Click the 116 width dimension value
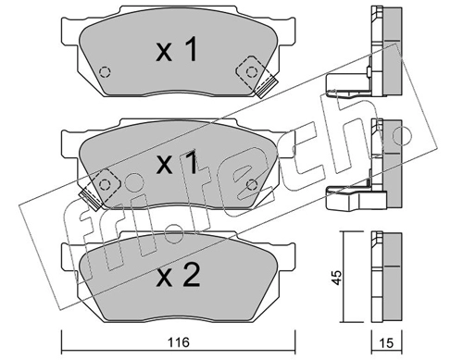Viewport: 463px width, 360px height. (179, 342)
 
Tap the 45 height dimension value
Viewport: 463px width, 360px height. (337, 278)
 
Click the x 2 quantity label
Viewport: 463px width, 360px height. (179, 277)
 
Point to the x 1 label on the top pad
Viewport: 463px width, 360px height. (177, 49)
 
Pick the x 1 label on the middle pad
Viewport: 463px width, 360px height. (177, 163)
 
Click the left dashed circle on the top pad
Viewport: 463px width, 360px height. (105, 72)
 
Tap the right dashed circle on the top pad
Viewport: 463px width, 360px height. (252, 72)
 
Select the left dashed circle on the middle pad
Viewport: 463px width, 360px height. (105, 184)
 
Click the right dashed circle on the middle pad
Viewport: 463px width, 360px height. (252, 184)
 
